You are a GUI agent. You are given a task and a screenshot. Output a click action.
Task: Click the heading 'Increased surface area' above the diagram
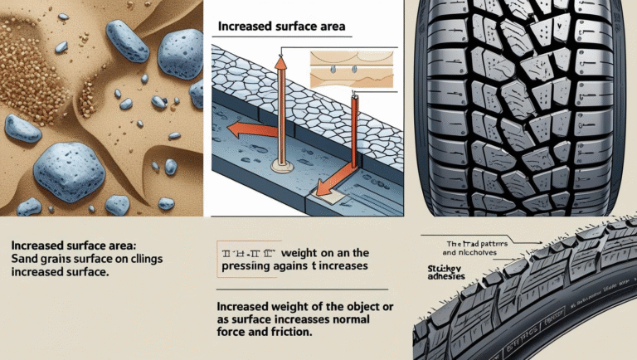coord(280,27)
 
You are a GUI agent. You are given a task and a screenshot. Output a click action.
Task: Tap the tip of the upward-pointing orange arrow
coord(280,59)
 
